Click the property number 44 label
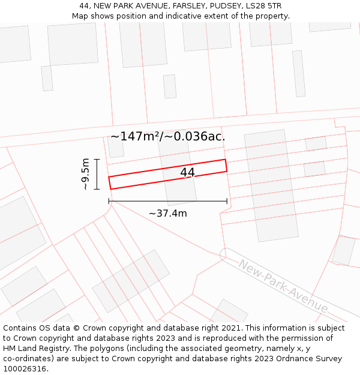point(187,173)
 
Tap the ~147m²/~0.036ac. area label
point(168,136)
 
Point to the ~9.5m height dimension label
point(85,174)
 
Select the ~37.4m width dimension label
point(168,213)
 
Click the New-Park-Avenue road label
point(283,286)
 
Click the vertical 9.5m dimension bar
point(97,174)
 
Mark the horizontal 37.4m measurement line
point(168,201)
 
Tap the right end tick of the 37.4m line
point(227,201)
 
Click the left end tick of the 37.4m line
point(109,201)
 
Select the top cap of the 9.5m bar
point(97,159)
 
